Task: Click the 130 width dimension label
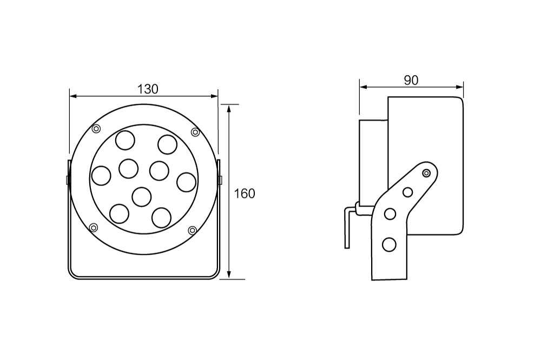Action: pyautogui.click(x=148, y=89)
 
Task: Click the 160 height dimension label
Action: pyautogui.click(x=245, y=194)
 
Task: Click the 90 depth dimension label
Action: pyautogui.click(x=411, y=80)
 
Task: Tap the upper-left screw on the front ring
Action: pyautogui.click(x=96, y=129)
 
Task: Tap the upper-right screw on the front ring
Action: pyautogui.click(x=195, y=132)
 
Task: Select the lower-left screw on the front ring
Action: pyautogui.click(x=93, y=227)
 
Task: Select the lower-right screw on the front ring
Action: pyautogui.click(x=192, y=230)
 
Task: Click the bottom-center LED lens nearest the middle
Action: pyautogui.click(x=142, y=197)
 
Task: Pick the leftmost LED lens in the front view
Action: pyautogui.click(x=101, y=176)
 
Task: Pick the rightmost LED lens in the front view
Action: pyautogui.click(x=187, y=182)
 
